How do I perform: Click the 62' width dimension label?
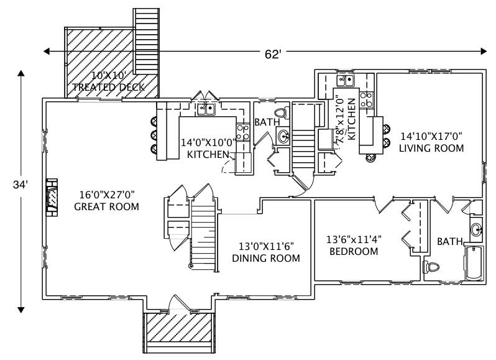(273, 54)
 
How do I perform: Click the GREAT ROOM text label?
(106, 206)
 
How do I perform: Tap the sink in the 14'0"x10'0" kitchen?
(206, 109)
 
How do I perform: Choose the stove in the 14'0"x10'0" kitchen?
(243, 131)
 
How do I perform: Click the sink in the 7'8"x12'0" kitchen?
(345, 80)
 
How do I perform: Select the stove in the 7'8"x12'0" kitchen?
(367, 99)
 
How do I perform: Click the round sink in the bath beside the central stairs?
(283, 136)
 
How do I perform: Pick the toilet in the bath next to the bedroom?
(431, 267)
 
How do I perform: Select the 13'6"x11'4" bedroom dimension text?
(354, 239)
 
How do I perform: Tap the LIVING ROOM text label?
(431, 148)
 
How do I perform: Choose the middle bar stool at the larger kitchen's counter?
(152, 135)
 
